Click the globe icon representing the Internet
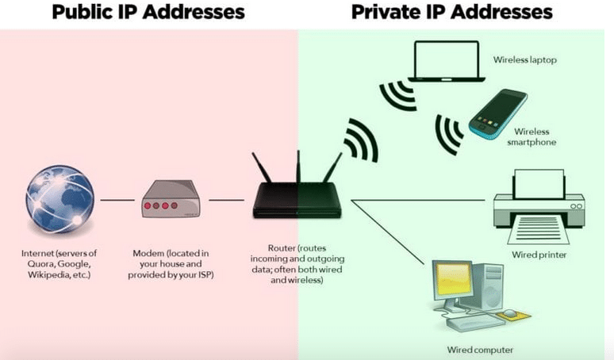[59, 198]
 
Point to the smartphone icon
[497, 111]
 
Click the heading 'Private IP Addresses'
[451, 13]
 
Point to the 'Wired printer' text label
[539, 255]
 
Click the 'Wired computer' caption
[479, 349]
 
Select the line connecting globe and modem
[117, 200]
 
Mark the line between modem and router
[225, 200]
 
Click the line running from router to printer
[420, 201]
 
